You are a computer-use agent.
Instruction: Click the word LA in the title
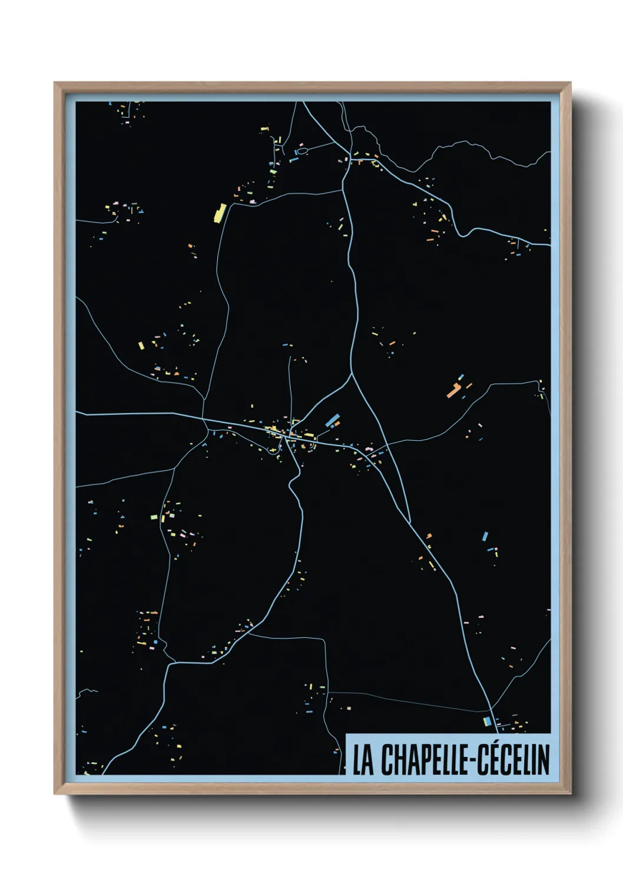point(363,760)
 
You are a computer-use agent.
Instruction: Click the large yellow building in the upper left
point(220,212)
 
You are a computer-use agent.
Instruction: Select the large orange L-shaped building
point(453,390)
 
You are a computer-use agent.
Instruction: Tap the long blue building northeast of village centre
point(332,419)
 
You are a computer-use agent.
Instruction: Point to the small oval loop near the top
point(301,151)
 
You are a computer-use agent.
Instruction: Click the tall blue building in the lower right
point(485,536)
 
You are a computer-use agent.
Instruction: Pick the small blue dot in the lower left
point(155,641)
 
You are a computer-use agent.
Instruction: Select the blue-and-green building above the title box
point(486,721)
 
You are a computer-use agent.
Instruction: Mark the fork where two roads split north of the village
point(352,374)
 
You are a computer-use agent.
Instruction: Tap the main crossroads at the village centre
point(286,436)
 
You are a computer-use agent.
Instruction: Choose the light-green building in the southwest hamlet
point(154,517)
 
